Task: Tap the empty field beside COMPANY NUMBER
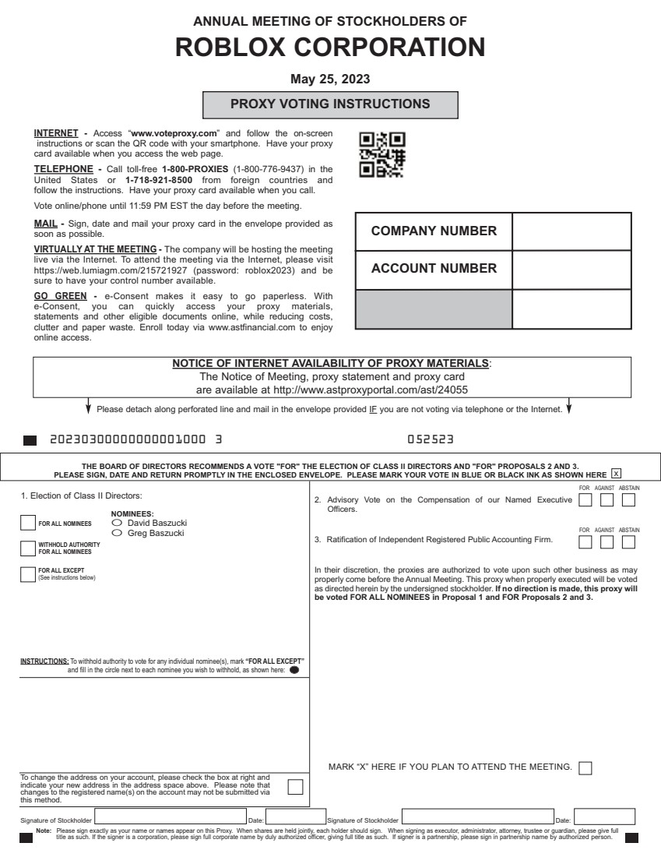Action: (x=571, y=231)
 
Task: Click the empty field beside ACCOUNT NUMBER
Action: (x=571, y=269)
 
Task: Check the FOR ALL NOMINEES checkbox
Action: (x=27, y=523)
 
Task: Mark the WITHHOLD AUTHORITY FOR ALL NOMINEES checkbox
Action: (x=27, y=548)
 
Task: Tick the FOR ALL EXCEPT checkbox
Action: (x=27, y=574)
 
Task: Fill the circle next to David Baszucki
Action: (x=118, y=523)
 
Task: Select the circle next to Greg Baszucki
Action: (x=118, y=532)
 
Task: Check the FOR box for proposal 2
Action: (x=585, y=499)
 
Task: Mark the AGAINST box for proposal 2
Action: (x=607, y=499)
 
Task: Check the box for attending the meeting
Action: (x=585, y=767)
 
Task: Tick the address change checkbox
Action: (x=295, y=786)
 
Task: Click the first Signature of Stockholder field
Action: (x=170, y=817)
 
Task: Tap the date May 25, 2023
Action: (x=330, y=79)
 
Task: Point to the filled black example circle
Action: (x=294, y=669)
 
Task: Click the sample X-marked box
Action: (x=616, y=473)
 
